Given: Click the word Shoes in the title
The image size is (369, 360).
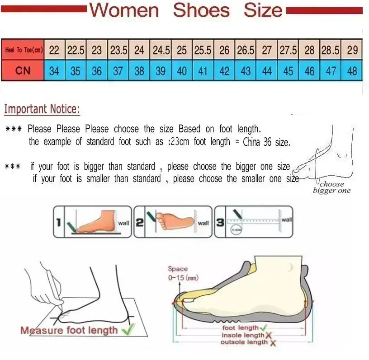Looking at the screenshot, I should pos(202,10).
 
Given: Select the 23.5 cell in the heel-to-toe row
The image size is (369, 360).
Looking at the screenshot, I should pos(118,50).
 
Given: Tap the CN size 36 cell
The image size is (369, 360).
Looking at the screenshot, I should pos(97,71).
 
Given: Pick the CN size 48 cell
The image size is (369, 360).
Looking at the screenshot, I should pos(352,71).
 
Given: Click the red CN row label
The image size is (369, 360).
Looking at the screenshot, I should pos(23,71).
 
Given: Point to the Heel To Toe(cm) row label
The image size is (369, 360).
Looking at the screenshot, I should pos(23,50).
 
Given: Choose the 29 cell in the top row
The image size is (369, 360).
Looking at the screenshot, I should pos(352,50).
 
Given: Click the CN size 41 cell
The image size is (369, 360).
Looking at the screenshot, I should pos(203,71).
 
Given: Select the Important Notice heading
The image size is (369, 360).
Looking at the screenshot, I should pos(42,109).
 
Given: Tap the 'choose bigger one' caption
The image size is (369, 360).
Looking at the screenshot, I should pos(331,187).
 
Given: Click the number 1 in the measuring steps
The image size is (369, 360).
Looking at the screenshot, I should pos(59,222).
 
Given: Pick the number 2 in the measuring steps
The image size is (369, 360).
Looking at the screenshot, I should pos(140,222).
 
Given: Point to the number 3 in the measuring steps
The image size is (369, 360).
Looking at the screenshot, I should pos(220,222).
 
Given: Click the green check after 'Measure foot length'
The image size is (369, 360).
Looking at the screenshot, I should pos(128,330).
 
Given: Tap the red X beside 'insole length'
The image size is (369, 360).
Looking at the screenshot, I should pos(269,335).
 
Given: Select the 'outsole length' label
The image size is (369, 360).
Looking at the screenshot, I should pos(244,342).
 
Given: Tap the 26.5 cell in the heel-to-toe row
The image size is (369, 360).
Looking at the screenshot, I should pos(246,50).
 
